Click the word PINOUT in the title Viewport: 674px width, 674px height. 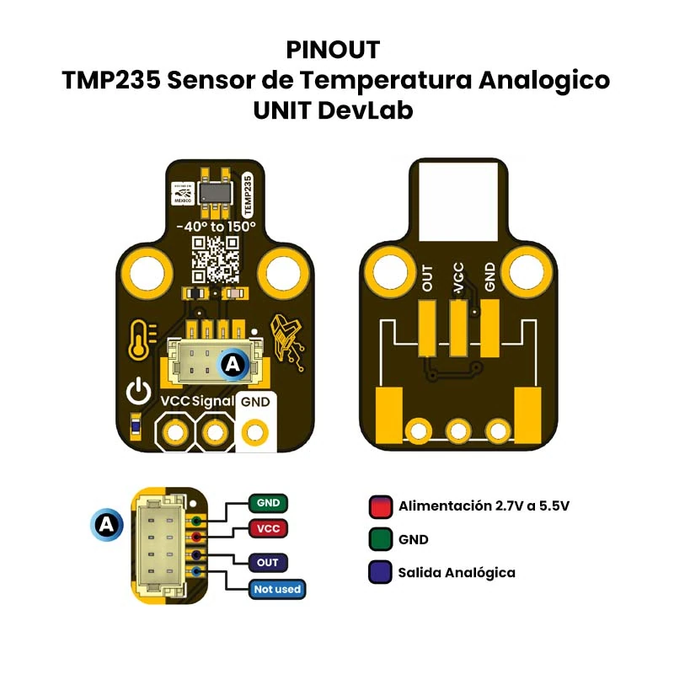(x=333, y=50)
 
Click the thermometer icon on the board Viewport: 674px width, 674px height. (x=140, y=340)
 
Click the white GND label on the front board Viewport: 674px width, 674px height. (x=255, y=402)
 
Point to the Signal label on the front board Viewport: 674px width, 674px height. (x=212, y=402)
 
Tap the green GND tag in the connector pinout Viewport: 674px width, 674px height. (x=268, y=503)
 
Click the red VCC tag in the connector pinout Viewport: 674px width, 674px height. (x=268, y=528)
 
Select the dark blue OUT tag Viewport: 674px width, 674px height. (x=268, y=563)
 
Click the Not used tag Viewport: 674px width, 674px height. (x=276, y=589)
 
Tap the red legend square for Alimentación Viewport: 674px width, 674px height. (x=380, y=506)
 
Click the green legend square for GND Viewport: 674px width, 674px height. (x=380, y=539)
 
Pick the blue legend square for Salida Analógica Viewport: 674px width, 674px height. (x=380, y=572)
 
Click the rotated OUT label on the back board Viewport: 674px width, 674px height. (x=428, y=278)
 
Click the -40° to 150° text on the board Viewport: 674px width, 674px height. (x=215, y=227)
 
